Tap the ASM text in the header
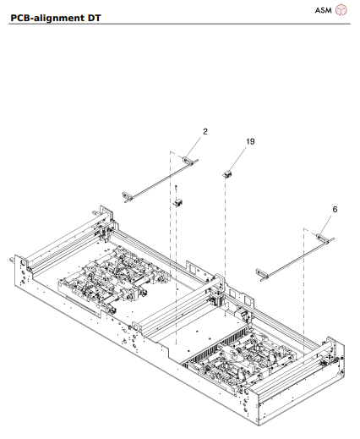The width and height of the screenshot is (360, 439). (324, 9)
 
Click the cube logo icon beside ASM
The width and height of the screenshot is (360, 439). (341, 9)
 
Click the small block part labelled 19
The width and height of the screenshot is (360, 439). (226, 173)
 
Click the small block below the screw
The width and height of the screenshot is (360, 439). (178, 202)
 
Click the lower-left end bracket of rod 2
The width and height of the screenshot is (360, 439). (128, 197)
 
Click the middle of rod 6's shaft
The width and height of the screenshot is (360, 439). (292, 253)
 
